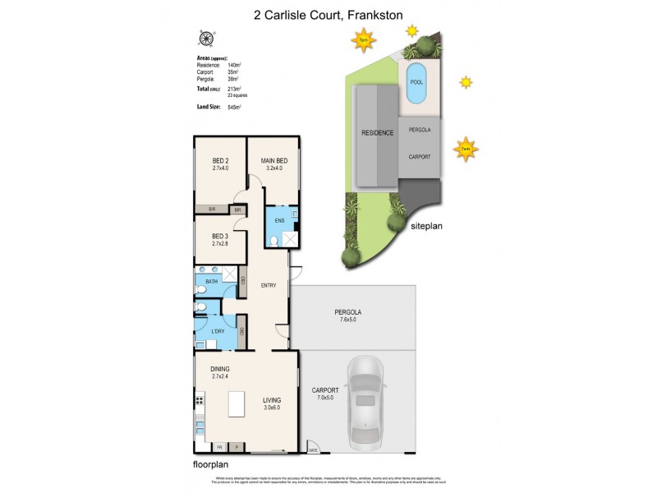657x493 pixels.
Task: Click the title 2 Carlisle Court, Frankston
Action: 328,15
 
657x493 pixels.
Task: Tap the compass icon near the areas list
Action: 206,38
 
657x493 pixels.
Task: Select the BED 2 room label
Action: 219,160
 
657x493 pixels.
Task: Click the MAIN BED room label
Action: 274,160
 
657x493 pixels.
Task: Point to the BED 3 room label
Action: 219,237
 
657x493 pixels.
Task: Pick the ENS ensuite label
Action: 279,221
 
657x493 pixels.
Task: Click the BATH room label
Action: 212,282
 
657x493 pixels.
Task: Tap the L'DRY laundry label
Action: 218,331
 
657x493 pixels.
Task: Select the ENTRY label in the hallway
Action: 269,286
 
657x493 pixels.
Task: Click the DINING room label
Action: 219,369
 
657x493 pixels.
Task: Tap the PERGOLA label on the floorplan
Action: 348,312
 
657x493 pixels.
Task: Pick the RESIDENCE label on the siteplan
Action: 379,132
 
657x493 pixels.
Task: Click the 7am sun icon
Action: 466,149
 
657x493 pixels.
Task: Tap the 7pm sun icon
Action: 361,38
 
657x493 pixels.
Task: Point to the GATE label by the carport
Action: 313,449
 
